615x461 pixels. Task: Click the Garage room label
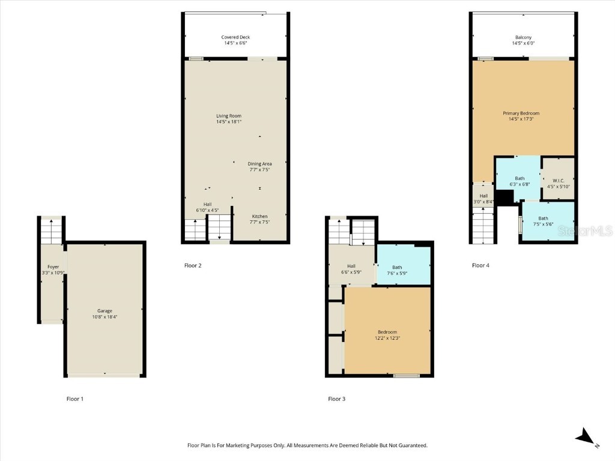coord(105,313)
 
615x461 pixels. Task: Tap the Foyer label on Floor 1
coord(53,270)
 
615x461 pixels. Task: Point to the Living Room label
coord(229,119)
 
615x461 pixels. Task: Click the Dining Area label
coord(259,167)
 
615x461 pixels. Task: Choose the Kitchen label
coord(259,219)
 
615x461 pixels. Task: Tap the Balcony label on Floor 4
coord(522,40)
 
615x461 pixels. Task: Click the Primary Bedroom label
coord(521,116)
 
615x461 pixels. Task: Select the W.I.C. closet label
coord(557,183)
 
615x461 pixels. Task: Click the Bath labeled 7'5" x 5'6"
coord(543,221)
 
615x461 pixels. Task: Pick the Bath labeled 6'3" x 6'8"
coord(520,181)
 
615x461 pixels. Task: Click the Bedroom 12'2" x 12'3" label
coord(387,335)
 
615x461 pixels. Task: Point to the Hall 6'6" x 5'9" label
coord(351,270)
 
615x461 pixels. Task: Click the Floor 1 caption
coord(75,399)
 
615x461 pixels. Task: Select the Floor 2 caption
coord(193,265)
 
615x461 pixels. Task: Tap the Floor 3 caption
coord(336,399)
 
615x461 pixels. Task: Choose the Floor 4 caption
coord(480,265)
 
